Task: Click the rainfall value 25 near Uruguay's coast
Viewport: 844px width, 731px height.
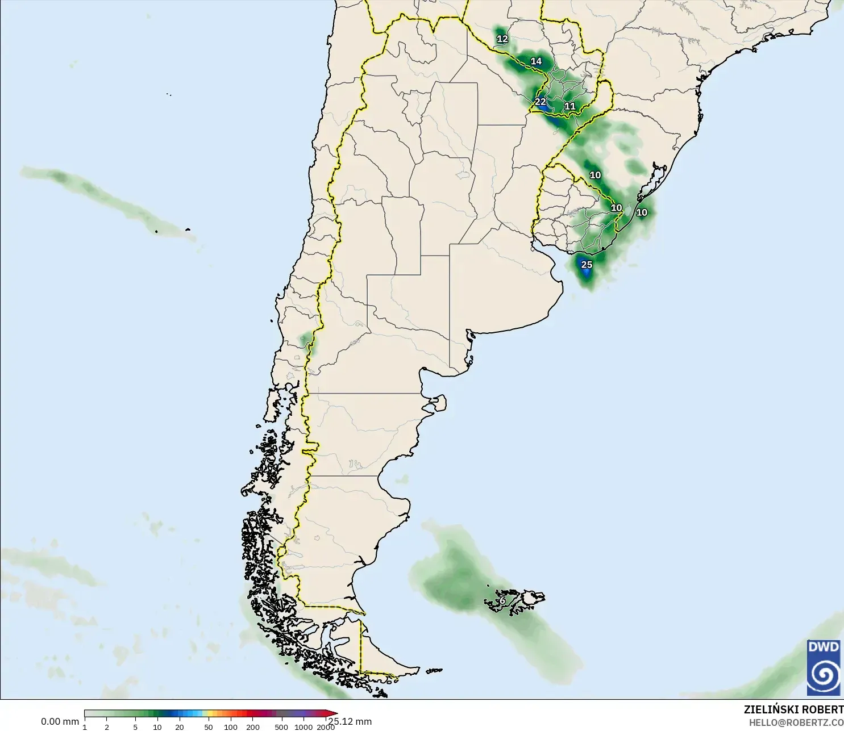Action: point(587,265)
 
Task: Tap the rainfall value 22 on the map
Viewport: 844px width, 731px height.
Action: point(540,102)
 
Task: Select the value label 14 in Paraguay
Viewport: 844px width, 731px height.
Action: point(536,61)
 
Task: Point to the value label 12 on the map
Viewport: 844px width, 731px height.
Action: point(502,39)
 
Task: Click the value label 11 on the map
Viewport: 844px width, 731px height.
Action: point(570,106)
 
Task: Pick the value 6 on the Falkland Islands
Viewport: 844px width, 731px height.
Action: point(502,601)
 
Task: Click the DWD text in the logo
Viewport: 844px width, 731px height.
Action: point(824,647)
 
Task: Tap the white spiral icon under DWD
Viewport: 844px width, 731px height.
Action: point(824,675)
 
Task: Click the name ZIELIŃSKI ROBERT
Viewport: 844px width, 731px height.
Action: point(793,709)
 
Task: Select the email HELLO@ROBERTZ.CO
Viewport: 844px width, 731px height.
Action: point(796,723)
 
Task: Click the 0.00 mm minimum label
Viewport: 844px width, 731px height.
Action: point(60,721)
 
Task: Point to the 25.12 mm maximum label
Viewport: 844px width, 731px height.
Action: point(350,721)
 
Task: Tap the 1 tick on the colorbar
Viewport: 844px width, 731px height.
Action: point(85,727)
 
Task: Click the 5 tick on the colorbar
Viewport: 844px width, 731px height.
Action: point(135,727)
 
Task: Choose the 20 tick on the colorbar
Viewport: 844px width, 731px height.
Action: point(180,727)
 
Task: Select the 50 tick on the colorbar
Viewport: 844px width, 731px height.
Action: point(209,727)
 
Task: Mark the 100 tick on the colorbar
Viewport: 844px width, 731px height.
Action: point(231,727)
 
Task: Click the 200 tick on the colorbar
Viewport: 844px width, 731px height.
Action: point(253,727)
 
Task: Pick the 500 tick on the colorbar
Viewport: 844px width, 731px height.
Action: point(281,727)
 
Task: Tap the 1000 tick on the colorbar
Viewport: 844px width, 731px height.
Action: point(303,727)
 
